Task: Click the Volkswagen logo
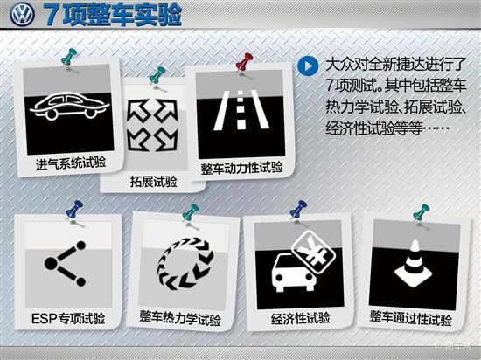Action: coord(22,14)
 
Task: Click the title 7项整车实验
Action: coord(112,15)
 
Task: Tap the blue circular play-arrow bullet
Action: coord(308,66)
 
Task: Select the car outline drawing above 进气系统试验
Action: coord(70,107)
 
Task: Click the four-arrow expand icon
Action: coord(152,125)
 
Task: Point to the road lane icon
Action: coord(241,109)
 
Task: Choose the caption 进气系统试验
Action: coord(71,163)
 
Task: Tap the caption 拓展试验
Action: coord(153,182)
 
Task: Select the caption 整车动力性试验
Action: coord(241,168)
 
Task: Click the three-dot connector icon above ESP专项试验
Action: coord(66,264)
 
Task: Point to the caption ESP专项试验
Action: coord(68,319)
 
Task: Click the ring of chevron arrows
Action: coord(185,264)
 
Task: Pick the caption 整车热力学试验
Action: coord(180,318)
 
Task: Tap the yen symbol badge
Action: coord(313,253)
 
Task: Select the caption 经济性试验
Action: coord(301,318)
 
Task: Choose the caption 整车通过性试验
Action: coord(411,318)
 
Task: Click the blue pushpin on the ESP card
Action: coord(73,211)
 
